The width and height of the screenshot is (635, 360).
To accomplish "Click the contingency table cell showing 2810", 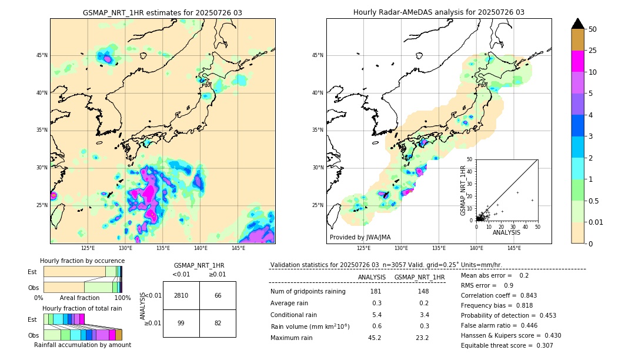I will [181, 295].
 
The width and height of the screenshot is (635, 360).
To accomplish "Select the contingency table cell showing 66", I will [218, 295].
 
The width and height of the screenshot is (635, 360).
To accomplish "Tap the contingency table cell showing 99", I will [181, 323].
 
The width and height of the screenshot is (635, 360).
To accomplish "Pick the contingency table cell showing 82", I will [218, 323].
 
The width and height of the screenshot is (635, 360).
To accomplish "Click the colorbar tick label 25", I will [593, 51].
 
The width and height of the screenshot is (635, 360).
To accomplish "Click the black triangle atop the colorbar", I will [578, 24].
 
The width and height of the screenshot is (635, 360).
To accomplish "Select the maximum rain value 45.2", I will [374, 338].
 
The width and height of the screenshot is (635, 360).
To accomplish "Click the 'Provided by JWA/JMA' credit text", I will [360, 237].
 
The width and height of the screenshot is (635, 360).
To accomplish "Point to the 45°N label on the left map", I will [42, 55].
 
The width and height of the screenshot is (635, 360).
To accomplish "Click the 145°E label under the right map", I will [514, 248].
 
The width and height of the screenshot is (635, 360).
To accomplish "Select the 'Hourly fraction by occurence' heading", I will [82, 261].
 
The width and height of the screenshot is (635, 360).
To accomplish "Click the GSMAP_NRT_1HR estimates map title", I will [162, 12].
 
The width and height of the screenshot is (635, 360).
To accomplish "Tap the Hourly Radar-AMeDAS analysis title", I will [439, 12].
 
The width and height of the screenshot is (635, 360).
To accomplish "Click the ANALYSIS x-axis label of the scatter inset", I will [506, 232].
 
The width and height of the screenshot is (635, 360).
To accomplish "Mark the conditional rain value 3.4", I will [424, 315].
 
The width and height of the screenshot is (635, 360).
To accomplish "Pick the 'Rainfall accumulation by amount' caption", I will [82, 345].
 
